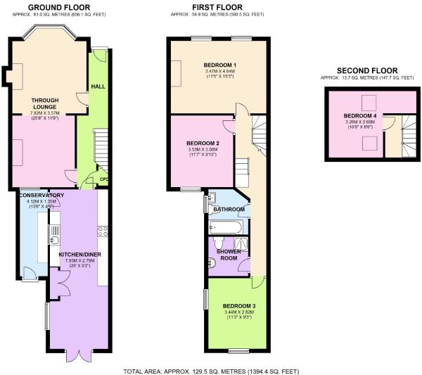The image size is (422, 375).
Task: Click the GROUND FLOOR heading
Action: [x=59, y=7]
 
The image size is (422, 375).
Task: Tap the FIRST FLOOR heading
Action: [x=217, y=7]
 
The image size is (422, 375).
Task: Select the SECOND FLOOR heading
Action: [x=367, y=70]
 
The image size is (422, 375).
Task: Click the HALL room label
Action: [x=98, y=87]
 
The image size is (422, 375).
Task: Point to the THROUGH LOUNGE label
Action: [x=45, y=103]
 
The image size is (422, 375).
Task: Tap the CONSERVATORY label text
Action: [x=41, y=195]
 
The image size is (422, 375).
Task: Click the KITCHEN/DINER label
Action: [x=80, y=255]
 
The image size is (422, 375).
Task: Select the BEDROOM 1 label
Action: [x=220, y=65]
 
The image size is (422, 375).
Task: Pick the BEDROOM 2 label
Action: [x=203, y=143]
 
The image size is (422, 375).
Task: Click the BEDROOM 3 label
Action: [x=239, y=306]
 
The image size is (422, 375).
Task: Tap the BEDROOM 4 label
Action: [x=360, y=116]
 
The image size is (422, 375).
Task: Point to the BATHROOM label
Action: [x=229, y=209]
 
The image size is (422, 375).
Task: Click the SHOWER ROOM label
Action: [x=229, y=255]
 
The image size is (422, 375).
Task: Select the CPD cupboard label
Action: [x=104, y=179]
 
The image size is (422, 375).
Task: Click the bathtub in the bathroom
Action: [x=226, y=227]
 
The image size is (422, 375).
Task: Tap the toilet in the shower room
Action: [x=218, y=243]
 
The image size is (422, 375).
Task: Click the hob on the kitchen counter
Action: [x=103, y=231]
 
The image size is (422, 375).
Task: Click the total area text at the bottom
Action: [x=211, y=371]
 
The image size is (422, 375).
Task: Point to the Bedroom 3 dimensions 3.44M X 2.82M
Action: [x=239, y=312]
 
